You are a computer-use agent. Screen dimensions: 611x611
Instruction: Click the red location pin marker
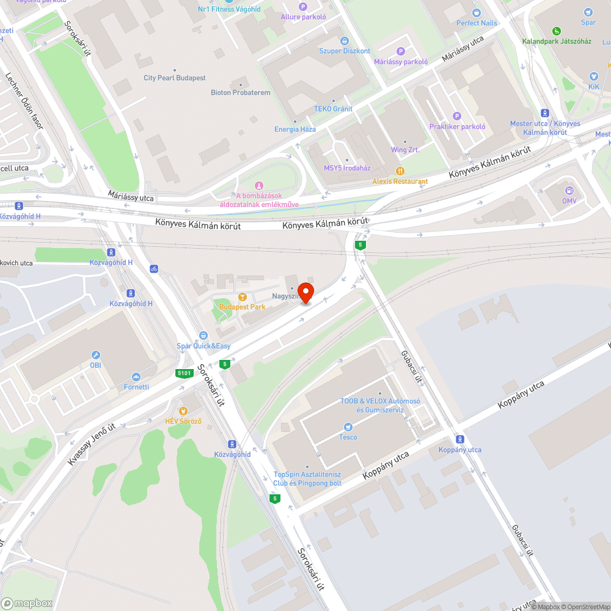pyautogui.click(x=305, y=292)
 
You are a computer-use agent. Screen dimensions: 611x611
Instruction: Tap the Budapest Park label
pyautogui.click(x=243, y=307)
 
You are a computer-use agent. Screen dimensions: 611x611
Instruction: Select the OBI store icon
pyautogui.click(x=95, y=355)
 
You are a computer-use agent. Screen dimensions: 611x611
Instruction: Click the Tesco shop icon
pyautogui.click(x=348, y=426)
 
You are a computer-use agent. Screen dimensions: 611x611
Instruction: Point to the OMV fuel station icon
pyautogui.click(x=569, y=191)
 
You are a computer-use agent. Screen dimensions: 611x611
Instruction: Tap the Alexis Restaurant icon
pyautogui.click(x=400, y=171)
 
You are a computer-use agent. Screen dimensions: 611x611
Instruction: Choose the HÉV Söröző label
pyautogui.click(x=184, y=421)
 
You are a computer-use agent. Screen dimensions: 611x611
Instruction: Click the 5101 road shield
pyautogui.click(x=183, y=373)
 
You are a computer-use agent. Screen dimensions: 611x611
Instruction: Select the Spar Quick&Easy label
pyautogui.click(x=203, y=346)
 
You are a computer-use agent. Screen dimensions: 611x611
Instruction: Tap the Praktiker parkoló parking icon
pyautogui.click(x=456, y=116)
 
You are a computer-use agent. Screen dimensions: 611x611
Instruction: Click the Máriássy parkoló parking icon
pyautogui.click(x=401, y=51)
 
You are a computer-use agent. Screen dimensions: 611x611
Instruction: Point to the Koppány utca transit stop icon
pyautogui.click(x=459, y=439)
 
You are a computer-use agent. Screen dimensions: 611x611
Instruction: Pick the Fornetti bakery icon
pyautogui.click(x=136, y=376)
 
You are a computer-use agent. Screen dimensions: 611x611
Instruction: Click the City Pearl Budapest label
pyautogui.click(x=174, y=78)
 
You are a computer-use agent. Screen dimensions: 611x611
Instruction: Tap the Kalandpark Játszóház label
pyautogui.click(x=557, y=41)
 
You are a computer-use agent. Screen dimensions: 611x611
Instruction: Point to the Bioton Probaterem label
pyautogui.click(x=240, y=93)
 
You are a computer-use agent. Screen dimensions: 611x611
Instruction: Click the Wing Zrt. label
pyautogui.click(x=405, y=150)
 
